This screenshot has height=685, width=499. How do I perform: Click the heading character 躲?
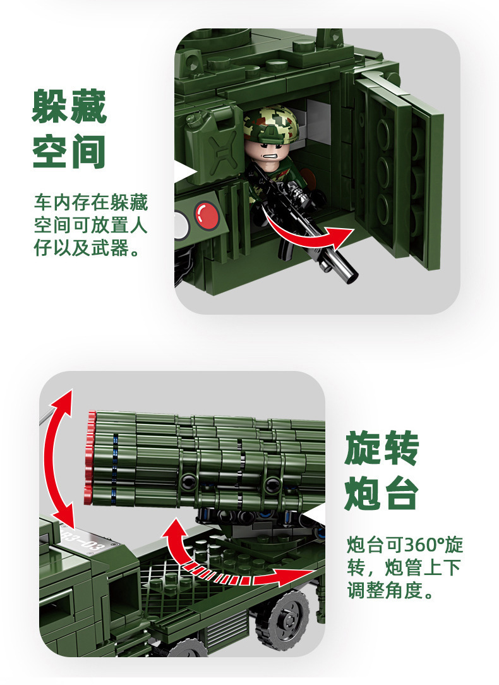50,107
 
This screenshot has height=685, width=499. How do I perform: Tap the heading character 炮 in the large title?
363,494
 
